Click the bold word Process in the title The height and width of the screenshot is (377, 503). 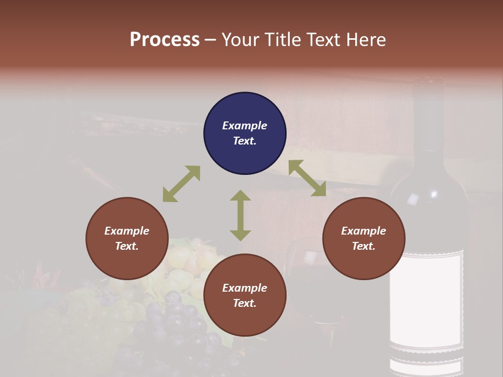pyautogui.click(x=165, y=40)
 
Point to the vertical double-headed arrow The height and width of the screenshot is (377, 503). pyautogui.click(x=240, y=215)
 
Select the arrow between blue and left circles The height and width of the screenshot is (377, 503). pyautogui.click(x=181, y=184)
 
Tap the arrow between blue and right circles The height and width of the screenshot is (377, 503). pyautogui.click(x=307, y=178)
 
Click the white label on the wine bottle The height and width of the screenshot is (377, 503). pyautogui.click(x=426, y=298)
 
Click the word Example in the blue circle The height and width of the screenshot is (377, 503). pyautogui.click(x=245, y=126)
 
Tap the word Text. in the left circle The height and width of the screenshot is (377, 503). pyautogui.click(x=127, y=246)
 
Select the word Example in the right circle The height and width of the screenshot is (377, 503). pyautogui.click(x=364, y=231)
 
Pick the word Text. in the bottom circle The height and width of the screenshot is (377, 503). pyautogui.click(x=245, y=303)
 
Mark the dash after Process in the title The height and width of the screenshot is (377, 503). pyautogui.click(x=211, y=40)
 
